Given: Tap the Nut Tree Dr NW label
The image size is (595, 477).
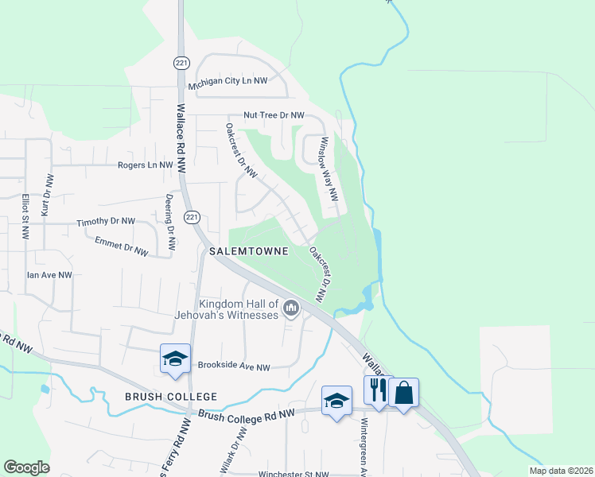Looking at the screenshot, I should pyautogui.click(x=274, y=116).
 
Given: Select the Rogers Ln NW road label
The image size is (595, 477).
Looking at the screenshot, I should pyautogui.click(x=145, y=165).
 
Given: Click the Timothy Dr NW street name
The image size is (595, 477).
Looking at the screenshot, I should pyautogui.click(x=106, y=223).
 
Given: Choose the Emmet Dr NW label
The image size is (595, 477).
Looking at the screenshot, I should pyautogui.click(x=121, y=246).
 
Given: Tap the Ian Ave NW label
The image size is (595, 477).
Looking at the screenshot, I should pyautogui.click(x=49, y=274).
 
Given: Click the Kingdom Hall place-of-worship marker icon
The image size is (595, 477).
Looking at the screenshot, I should pyautogui.click(x=291, y=308).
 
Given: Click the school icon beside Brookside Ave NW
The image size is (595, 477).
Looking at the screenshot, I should pyautogui.click(x=175, y=358).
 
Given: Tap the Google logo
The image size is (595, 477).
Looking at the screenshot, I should pyautogui.click(x=26, y=467).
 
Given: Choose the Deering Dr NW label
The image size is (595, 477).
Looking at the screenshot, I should pyautogui.click(x=170, y=215).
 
